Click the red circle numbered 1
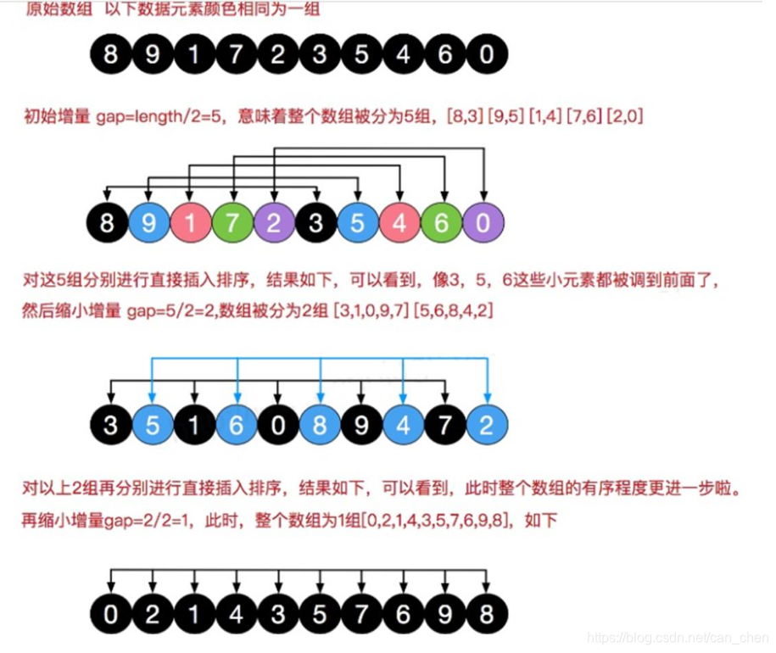click(193, 225)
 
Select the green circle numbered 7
click(234, 225)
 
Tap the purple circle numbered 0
click(484, 225)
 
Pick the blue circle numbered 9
click(151, 225)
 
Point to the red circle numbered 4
click(401, 225)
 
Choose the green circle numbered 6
click(443, 225)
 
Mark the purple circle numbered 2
click(276, 225)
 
